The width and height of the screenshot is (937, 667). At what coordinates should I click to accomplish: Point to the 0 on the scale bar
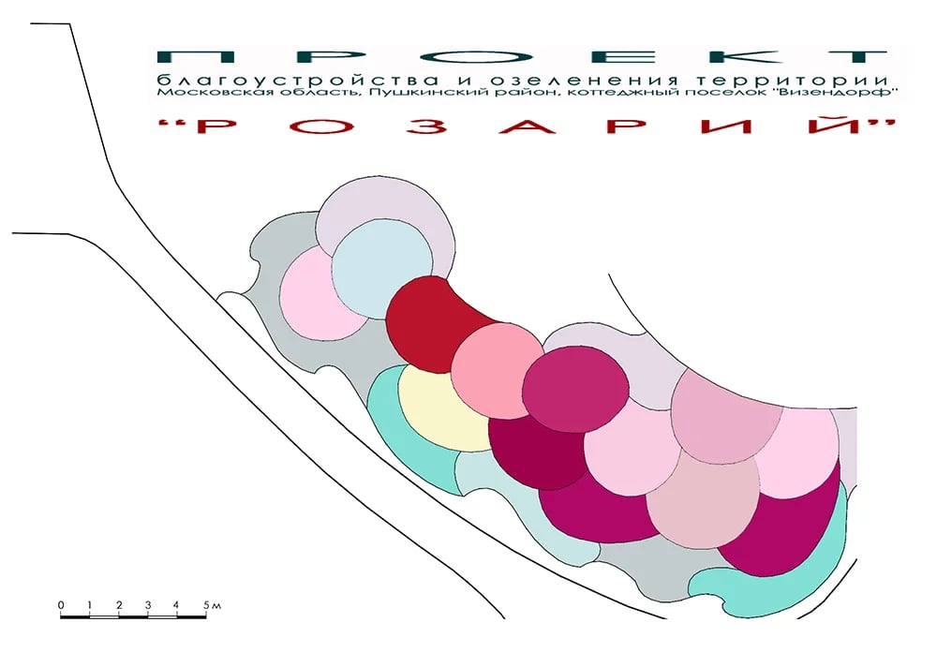click(x=61, y=605)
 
